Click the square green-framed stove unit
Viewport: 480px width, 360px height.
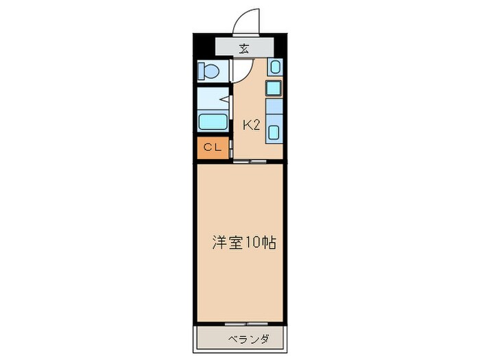274,88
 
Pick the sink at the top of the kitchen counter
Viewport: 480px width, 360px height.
274,67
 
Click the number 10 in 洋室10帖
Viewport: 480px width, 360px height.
254,243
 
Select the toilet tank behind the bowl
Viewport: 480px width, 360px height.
202,71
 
